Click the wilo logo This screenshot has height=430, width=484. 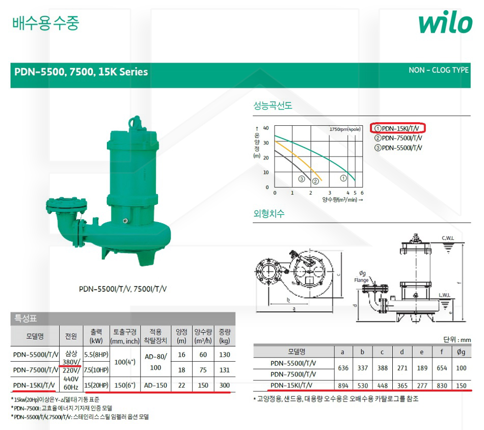(x=445, y=22)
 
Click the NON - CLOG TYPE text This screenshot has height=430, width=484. (x=439, y=70)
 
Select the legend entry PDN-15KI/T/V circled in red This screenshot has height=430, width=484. (x=397, y=128)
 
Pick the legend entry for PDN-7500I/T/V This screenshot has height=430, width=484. (x=398, y=138)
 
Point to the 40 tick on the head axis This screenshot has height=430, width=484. (x=266, y=128)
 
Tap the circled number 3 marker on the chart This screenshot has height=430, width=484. (x=302, y=179)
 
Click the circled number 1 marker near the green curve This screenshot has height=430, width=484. (x=343, y=178)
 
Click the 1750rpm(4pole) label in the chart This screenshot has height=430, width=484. (x=345, y=129)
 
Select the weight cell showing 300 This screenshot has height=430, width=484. (x=224, y=385)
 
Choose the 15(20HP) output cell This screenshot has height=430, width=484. (x=96, y=385)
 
